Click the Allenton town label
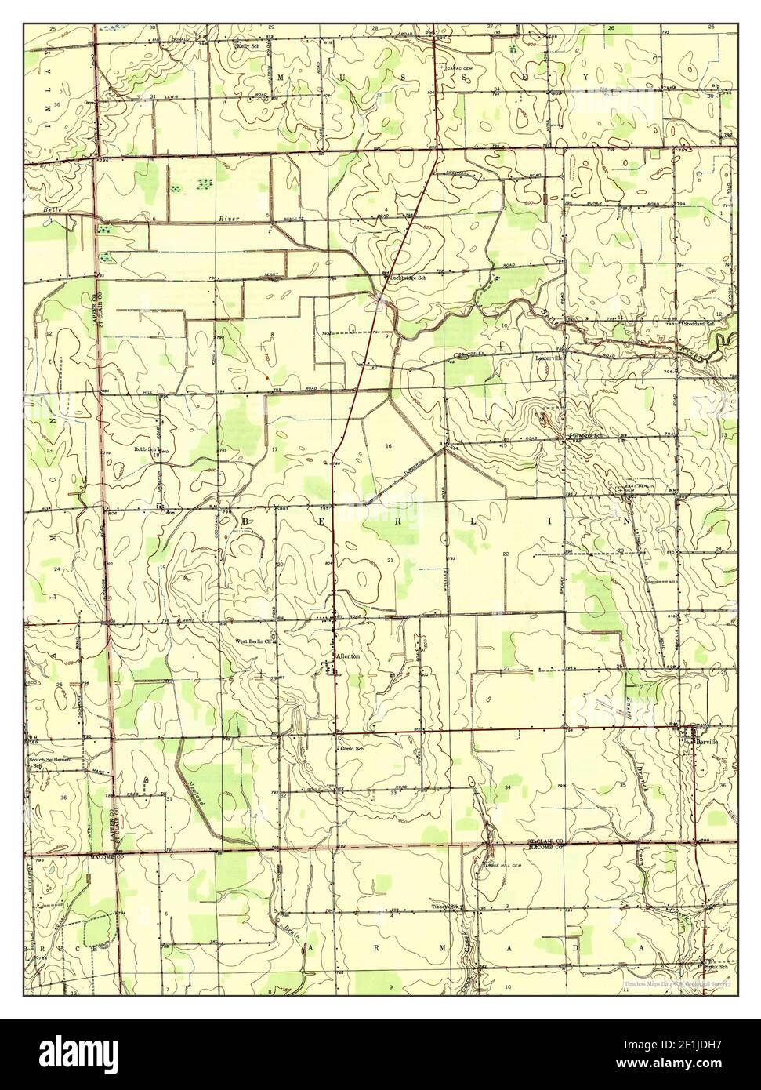347,656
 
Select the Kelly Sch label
248,46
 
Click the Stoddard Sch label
699,323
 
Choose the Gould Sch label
351,748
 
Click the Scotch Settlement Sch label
51,763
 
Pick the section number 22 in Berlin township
506,554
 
